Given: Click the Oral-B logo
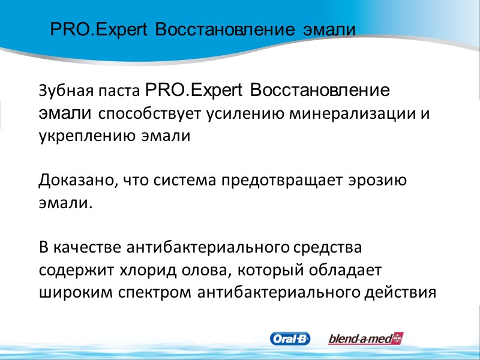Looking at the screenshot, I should tap(290, 339).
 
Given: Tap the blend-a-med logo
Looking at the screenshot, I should tap(365, 339).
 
